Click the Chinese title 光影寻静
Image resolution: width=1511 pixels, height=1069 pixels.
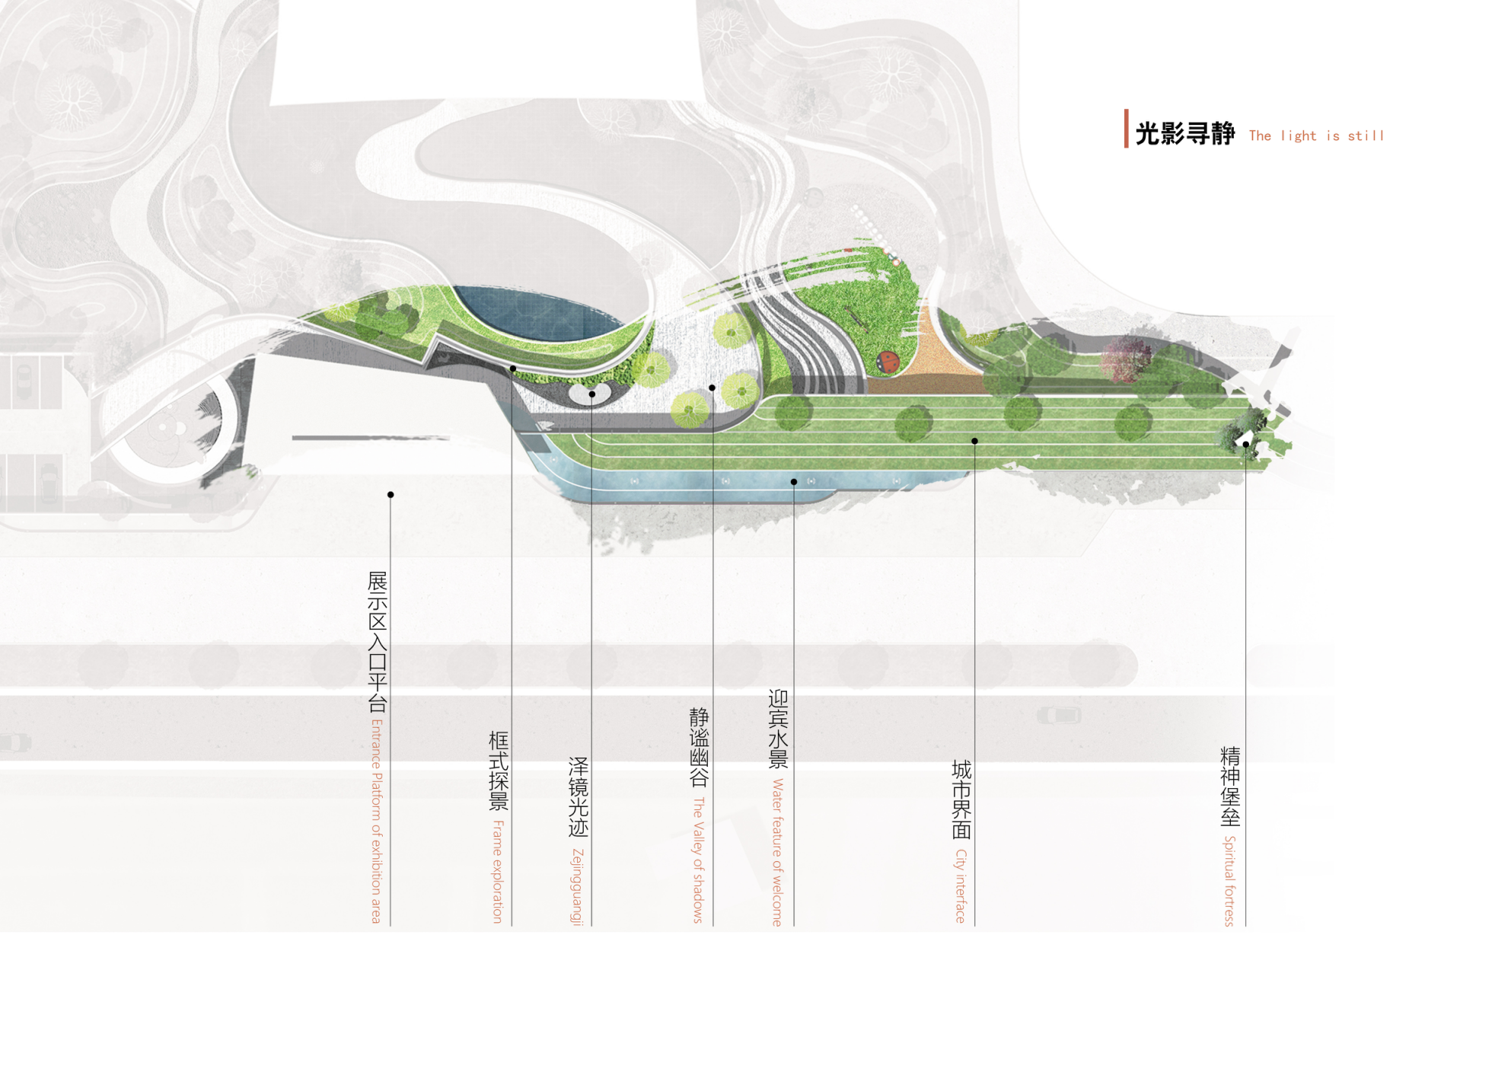tap(1184, 134)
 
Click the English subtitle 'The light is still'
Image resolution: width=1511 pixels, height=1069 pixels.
tap(1316, 136)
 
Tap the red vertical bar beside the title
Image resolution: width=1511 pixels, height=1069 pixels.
tap(1126, 129)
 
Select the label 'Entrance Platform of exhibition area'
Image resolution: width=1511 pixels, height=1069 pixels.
tap(376, 821)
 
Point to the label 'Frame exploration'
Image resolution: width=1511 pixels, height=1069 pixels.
tap(498, 871)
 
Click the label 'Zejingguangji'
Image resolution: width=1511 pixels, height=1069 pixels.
tap(578, 886)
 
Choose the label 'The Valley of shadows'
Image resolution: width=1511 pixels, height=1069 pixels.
tap(698, 860)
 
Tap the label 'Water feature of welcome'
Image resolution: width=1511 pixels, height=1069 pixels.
tap(777, 851)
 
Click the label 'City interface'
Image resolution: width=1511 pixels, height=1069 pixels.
tap(961, 886)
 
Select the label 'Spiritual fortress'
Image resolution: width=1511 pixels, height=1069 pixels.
tap(1229, 880)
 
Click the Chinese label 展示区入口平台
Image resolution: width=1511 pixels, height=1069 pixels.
tap(378, 641)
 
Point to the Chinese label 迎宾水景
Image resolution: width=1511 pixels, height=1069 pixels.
tap(778, 729)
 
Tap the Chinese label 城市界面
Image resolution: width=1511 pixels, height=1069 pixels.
tap(961, 799)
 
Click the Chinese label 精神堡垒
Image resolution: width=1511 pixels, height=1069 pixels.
tap(1230, 786)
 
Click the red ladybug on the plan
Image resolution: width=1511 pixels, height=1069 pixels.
tap(888, 361)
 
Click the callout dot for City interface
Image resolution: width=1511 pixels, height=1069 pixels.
tap(974, 441)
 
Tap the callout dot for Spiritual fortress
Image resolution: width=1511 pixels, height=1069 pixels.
tap(1245, 444)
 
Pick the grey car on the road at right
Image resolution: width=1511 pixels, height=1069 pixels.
tap(1059, 715)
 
